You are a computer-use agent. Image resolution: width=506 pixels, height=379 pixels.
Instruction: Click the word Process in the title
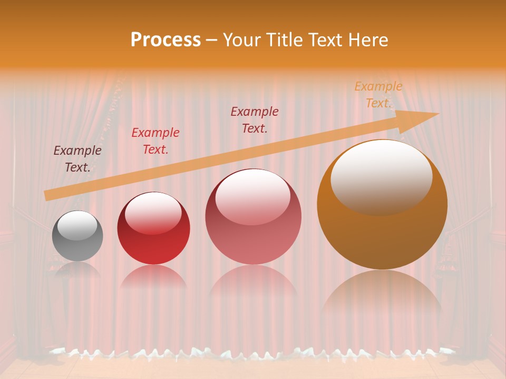click(x=166, y=40)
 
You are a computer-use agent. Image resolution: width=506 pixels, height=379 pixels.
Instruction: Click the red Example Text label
click(x=155, y=141)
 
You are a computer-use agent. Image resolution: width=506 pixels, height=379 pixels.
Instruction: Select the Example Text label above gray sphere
click(x=77, y=159)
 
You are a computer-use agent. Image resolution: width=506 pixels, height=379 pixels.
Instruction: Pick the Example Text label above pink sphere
click(x=255, y=119)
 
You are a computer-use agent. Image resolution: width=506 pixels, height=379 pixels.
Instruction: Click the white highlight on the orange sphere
click(x=381, y=176)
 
